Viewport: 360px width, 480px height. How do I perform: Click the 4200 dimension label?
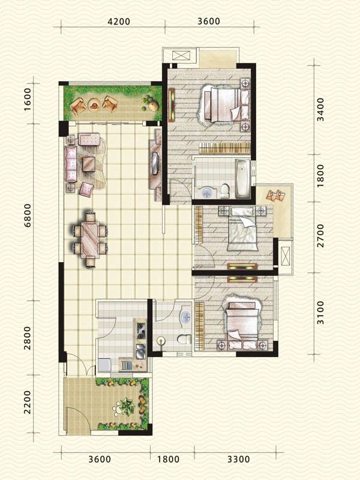(119, 21)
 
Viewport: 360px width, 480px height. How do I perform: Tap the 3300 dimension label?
(238, 460)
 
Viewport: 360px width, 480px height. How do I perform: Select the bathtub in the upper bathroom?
(242, 178)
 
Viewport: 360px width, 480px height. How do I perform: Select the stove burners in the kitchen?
(142, 329)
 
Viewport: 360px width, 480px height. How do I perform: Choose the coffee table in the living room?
(91, 163)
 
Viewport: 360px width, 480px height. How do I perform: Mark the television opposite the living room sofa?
(155, 162)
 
